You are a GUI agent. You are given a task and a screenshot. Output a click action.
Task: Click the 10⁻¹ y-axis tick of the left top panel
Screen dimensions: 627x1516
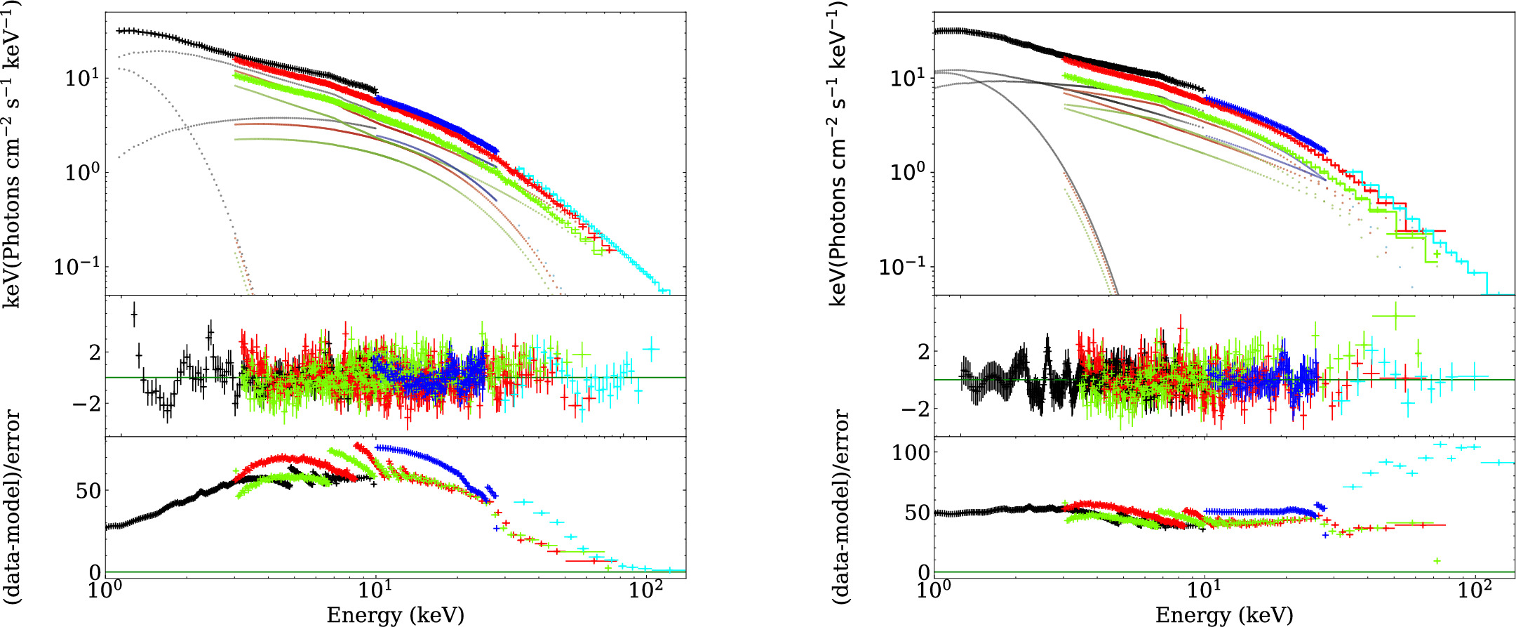[x=77, y=268]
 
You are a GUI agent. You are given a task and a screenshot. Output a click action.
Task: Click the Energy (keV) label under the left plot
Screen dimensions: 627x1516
[x=395, y=615]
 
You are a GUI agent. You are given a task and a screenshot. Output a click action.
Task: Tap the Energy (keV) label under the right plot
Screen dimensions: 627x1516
[x=1223, y=615]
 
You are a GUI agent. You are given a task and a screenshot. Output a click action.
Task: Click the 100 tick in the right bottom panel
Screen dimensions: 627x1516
[x=911, y=453]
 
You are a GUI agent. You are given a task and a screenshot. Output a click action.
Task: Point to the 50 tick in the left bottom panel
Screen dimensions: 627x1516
[x=88, y=491]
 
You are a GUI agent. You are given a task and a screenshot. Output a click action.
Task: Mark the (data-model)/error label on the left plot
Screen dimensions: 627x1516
[x=13, y=507]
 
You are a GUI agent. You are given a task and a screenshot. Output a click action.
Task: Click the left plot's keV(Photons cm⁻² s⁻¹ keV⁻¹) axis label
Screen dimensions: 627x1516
[x=13, y=154]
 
